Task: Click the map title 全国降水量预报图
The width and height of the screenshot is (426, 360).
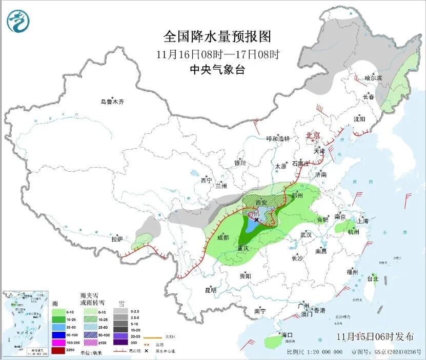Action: click(x=217, y=37)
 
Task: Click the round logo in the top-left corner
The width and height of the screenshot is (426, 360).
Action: click(x=18, y=21)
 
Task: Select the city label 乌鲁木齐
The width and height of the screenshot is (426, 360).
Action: click(x=112, y=102)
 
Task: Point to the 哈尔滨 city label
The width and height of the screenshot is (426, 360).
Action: click(x=373, y=78)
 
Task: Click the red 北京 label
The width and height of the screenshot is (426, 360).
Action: click(x=313, y=135)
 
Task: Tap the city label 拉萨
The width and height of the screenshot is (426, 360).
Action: click(x=117, y=239)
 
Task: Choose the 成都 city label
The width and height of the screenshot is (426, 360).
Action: click(x=223, y=237)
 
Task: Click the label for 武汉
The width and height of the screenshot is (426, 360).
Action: click(x=307, y=235)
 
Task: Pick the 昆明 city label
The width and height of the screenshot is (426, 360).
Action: click(x=211, y=290)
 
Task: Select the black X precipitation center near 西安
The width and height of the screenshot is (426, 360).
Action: click(x=256, y=219)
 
